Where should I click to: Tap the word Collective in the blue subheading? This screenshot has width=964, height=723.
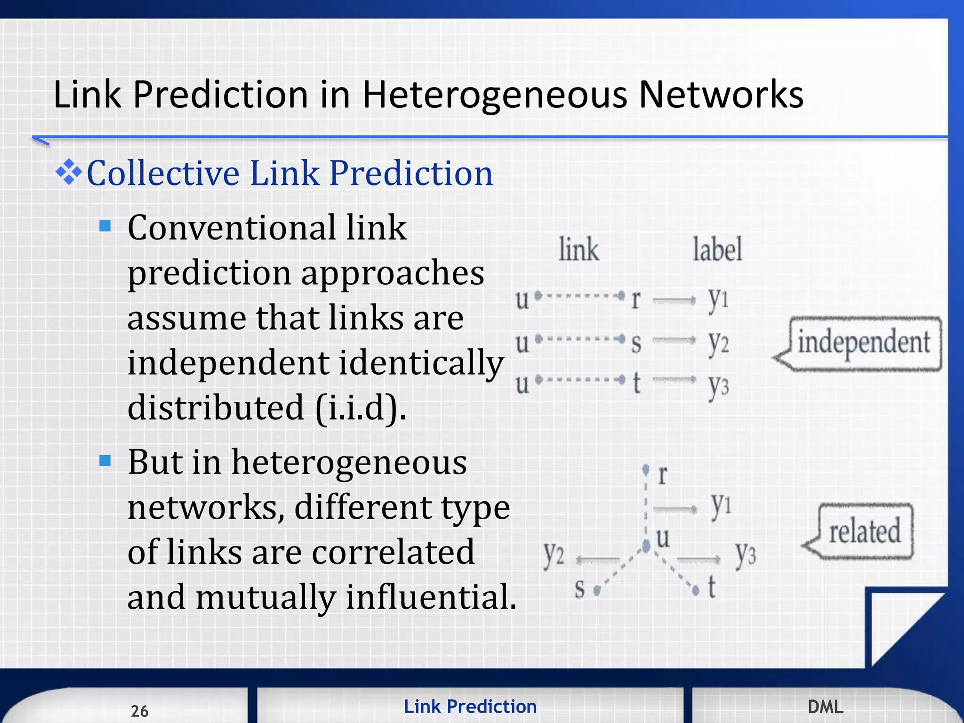point(162,173)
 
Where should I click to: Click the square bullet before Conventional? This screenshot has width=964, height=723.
point(105,226)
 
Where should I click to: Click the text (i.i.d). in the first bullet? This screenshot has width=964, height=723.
point(361,408)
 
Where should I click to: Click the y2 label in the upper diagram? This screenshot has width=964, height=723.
point(718,342)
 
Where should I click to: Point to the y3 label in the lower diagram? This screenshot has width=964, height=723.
point(745,553)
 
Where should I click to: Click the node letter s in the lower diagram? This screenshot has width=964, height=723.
point(580,588)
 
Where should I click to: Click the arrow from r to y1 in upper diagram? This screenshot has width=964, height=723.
point(674,300)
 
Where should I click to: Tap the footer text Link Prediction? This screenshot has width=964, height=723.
point(470,707)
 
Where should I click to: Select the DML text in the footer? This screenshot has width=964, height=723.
point(825,707)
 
